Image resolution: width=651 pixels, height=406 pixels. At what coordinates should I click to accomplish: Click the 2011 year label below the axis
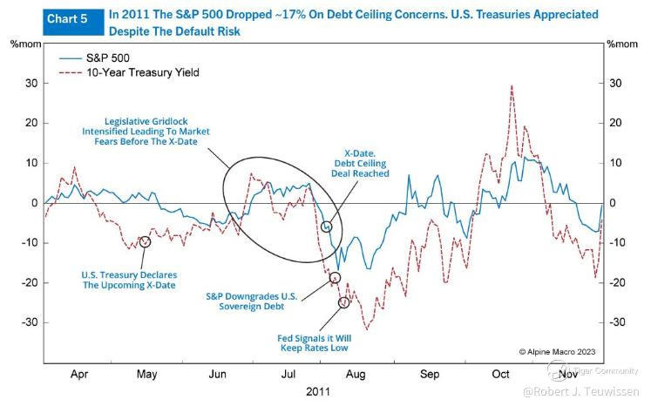pyautogui.click(x=317, y=391)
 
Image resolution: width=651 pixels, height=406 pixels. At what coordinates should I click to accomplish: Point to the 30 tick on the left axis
pyautogui.click(x=31, y=84)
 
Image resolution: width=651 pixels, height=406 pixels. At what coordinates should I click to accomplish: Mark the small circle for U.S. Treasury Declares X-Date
pyautogui.click(x=145, y=241)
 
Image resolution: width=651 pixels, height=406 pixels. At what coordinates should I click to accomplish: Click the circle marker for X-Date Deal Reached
pyautogui.click(x=327, y=227)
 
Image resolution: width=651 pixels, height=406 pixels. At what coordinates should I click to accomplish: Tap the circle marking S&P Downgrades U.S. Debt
pyautogui.click(x=335, y=278)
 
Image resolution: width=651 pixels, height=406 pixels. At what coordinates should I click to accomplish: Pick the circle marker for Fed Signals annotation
pyautogui.click(x=343, y=302)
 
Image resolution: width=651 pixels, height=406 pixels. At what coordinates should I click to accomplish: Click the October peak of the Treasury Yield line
pyautogui.click(x=512, y=85)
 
